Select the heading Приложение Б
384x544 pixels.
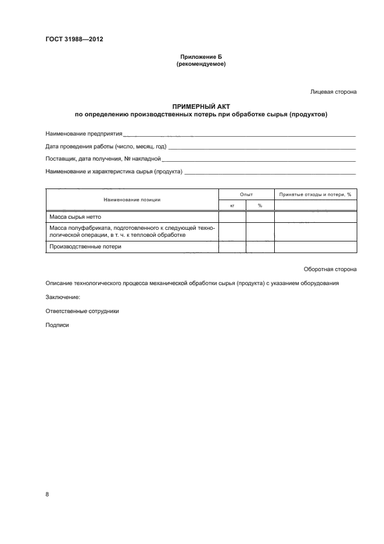pos(200,57)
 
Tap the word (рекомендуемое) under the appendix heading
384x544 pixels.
pos(200,64)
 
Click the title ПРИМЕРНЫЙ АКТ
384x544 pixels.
pos(200,106)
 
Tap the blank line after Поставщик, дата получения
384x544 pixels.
pos(259,158)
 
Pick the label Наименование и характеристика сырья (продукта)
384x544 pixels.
pos(114,171)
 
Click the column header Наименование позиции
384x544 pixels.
pos(132,200)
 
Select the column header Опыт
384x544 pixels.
pos(246,194)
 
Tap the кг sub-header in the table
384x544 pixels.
pos(232,205)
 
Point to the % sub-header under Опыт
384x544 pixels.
pos(260,205)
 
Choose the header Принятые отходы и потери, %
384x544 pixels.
pos(315,194)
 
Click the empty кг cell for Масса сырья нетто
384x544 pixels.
pos(232,216)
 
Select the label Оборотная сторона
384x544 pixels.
pos(330,269)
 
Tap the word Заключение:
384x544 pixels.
pos(63,297)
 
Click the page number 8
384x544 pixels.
pos(48,494)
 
